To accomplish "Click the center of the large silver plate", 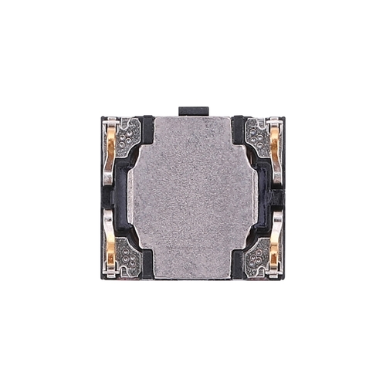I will coord(193,197).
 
